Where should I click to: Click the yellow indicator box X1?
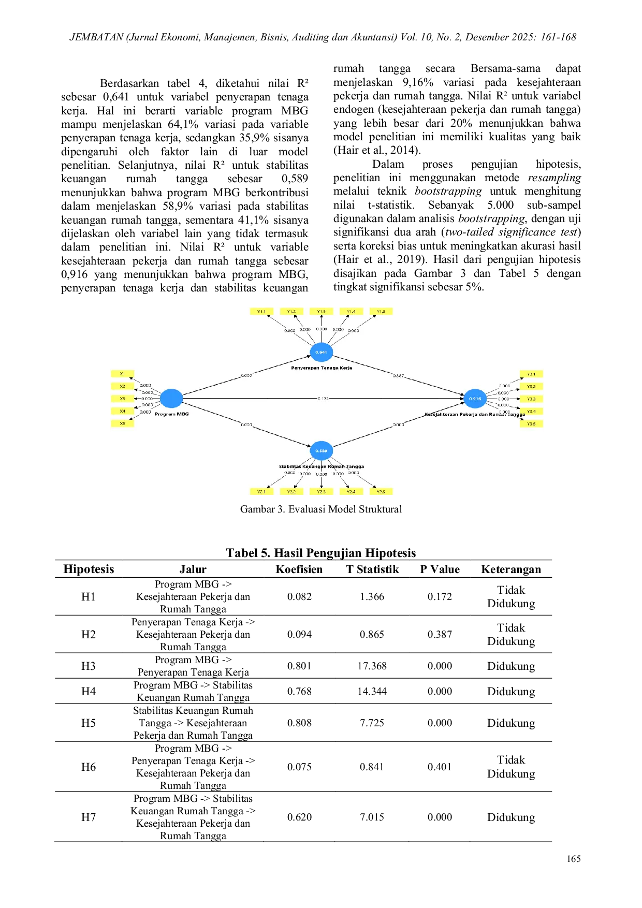pyautogui.click(x=122, y=374)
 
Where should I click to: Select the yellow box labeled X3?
pyautogui.click(x=122, y=399)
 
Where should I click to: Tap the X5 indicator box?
pyautogui.click(x=122, y=423)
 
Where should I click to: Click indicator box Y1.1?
pyautogui.click(x=261, y=311)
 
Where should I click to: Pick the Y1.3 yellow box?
pyautogui.click(x=321, y=311)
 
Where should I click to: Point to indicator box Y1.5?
pyautogui.click(x=381, y=311)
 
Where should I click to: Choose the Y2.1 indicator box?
pyautogui.click(x=261, y=491)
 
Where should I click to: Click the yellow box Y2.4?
pyautogui.click(x=351, y=491)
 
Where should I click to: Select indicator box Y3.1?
pyautogui.click(x=531, y=374)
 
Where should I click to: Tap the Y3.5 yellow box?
pyautogui.click(x=531, y=424)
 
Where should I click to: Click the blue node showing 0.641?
pyautogui.click(x=321, y=352)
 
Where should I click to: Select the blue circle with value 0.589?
pyautogui.click(x=321, y=451)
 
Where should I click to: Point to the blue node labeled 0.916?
pyautogui.click(x=475, y=399)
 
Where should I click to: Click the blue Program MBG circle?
pyautogui.click(x=171, y=398)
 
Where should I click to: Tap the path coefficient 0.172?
pyautogui.click(x=323, y=399)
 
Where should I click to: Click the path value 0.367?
pyautogui.click(x=398, y=376)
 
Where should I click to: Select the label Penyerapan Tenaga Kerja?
pyautogui.click(x=321, y=368)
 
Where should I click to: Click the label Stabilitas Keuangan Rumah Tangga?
pyautogui.click(x=321, y=466)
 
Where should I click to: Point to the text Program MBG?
pyautogui.click(x=172, y=414)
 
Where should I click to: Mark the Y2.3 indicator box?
pyautogui.click(x=321, y=491)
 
